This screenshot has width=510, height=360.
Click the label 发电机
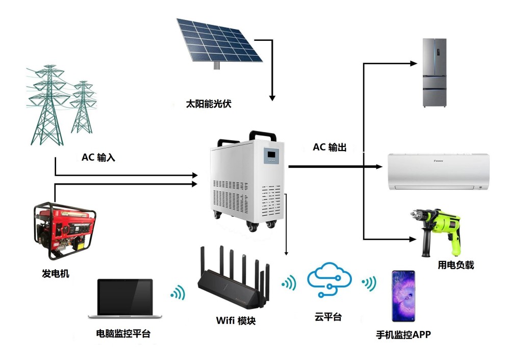[x=56, y=274]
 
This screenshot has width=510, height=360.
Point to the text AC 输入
[x=98, y=158]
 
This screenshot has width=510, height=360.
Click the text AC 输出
[x=329, y=148]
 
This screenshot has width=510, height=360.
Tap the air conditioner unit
[x=439, y=171]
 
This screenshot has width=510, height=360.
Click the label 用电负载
[x=456, y=265]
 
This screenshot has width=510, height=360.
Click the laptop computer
[x=125, y=299]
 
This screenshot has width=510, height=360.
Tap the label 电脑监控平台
[x=123, y=334]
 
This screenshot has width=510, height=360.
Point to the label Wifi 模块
[x=235, y=321]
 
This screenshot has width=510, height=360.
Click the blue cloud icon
[x=329, y=279]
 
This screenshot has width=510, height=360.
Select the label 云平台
[x=328, y=317]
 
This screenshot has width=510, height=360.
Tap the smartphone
[x=403, y=296]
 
